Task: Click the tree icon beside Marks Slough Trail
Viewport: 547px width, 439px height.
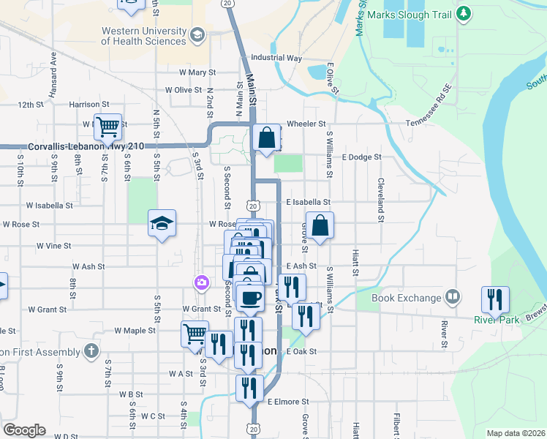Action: click(x=462, y=13)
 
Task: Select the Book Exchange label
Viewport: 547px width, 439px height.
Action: click(x=407, y=298)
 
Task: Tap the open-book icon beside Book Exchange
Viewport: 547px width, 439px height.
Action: click(x=453, y=297)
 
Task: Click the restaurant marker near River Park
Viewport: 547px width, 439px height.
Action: click(x=495, y=299)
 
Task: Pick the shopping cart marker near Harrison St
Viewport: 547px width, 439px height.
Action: click(x=107, y=127)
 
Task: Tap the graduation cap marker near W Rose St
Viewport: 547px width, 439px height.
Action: click(x=162, y=223)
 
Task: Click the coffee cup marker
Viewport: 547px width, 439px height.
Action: click(x=251, y=297)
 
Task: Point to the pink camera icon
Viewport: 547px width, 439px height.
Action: click(x=200, y=282)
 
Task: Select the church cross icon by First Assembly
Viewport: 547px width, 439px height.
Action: click(x=91, y=350)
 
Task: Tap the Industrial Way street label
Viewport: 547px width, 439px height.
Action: click(x=276, y=57)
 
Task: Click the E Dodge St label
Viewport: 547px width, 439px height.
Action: click(x=361, y=157)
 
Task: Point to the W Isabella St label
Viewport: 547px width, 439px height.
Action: click(x=49, y=206)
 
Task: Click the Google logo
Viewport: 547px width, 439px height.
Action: click(x=24, y=430)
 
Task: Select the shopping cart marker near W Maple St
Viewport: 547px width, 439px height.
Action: click(x=195, y=334)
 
